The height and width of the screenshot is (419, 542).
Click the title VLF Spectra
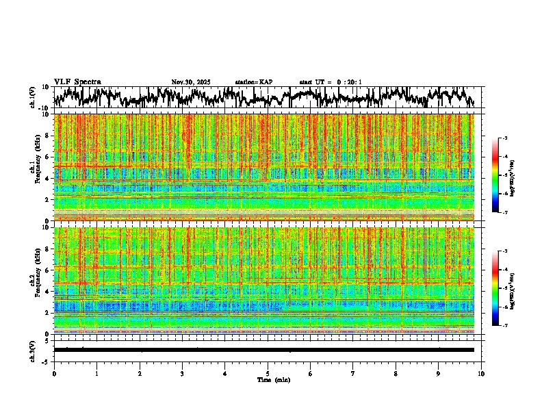click(x=77, y=82)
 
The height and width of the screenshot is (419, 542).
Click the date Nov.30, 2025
click(x=191, y=82)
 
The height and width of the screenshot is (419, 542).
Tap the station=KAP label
click(x=254, y=82)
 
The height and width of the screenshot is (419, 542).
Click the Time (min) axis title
click(x=273, y=379)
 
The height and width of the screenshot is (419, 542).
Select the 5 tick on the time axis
click(x=268, y=374)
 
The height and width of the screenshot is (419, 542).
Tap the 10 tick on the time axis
click(x=481, y=374)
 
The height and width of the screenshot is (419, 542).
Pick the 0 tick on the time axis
click(x=54, y=374)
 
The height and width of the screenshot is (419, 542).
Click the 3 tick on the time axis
click(x=182, y=374)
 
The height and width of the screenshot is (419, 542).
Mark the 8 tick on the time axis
click(x=396, y=374)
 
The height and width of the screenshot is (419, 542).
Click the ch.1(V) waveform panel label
click(x=32, y=97)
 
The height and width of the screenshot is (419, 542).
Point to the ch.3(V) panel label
click(x=32, y=349)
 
